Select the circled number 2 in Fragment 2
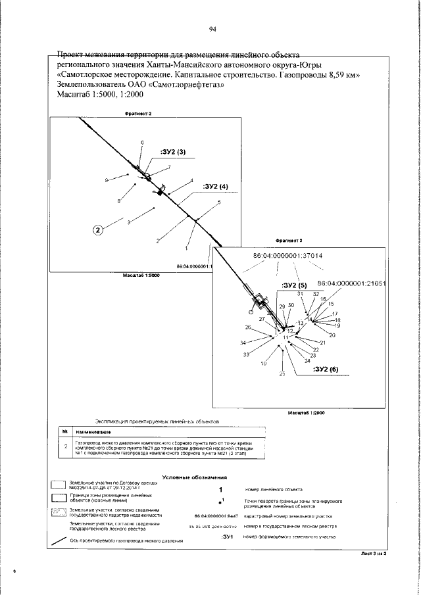click(98, 230)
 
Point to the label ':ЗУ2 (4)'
click(215, 187)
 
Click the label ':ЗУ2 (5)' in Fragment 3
click(293, 285)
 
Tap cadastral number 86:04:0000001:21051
click(351, 283)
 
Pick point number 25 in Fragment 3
click(282, 374)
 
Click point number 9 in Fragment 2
click(106, 179)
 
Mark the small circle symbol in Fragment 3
click(250, 312)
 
